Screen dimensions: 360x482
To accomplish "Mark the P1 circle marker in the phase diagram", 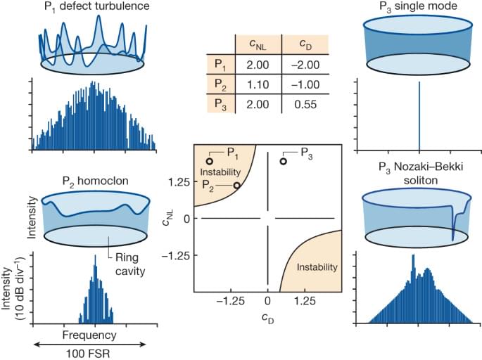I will pyautogui.click(x=209, y=161).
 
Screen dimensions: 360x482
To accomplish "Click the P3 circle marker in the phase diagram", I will pyautogui.click(x=283, y=161).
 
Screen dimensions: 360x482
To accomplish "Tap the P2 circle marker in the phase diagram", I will pyautogui.click(x=237, y=186).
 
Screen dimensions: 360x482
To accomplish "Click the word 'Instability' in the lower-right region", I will pyautogui.click(x=315, y=267).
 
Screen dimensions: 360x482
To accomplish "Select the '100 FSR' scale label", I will pyautogui.click(x=89, y=351).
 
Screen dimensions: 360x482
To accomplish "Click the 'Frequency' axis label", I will pyautogui.click(x=89, y=335).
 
